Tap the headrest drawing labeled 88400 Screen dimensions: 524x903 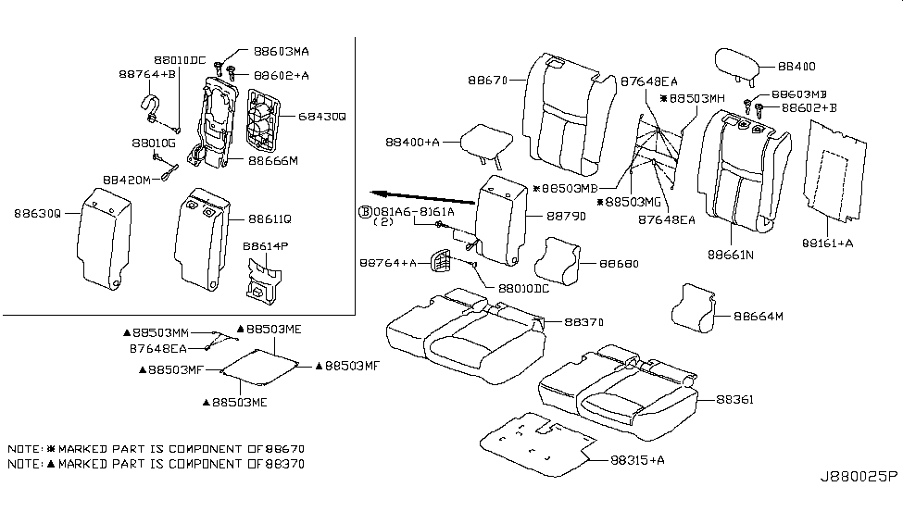click(738, 64)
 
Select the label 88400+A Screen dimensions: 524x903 click(414, 143)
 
